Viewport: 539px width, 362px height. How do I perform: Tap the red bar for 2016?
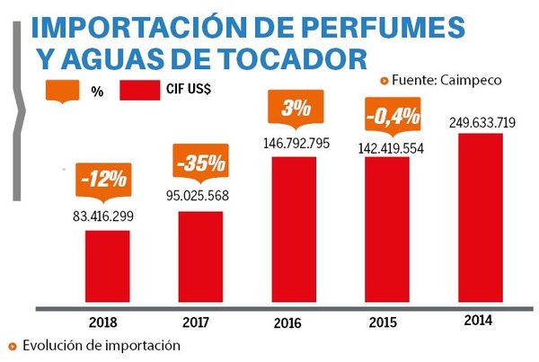(293, 231)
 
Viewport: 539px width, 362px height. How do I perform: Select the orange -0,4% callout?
(387, 115)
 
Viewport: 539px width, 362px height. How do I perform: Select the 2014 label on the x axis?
(482, 320)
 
